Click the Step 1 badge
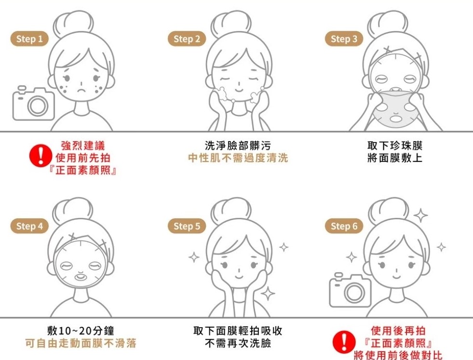29,39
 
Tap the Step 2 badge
187,39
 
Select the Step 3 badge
344,39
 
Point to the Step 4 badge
29,226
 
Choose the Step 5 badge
187,226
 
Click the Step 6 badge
344,226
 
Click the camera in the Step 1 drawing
33,104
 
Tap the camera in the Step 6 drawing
350,290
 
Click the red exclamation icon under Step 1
41,156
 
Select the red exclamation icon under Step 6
344,342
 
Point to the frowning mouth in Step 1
81,90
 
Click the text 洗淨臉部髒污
238,146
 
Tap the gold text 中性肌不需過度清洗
238,158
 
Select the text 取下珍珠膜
395,146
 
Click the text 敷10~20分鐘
81,331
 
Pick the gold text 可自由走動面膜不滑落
81,343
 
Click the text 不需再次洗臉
238,343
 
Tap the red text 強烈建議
83,146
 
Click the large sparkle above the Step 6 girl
420,215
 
